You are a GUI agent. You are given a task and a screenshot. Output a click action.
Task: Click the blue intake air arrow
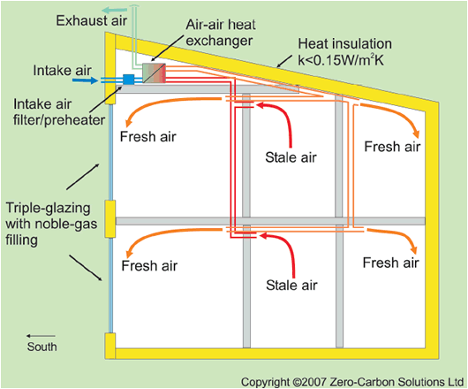85,80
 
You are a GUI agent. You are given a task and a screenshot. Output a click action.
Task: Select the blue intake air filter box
129,80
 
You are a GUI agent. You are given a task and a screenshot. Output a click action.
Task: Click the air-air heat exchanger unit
154,72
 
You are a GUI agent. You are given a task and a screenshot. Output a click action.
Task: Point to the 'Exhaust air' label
92,21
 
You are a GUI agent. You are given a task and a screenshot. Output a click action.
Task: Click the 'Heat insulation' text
344,44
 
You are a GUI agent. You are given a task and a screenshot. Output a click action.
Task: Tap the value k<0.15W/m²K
341,60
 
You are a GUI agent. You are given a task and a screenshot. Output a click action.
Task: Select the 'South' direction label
42,347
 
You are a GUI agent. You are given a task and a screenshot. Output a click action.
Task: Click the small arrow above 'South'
41,336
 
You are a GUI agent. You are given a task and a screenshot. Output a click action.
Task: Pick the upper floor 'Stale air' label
291,157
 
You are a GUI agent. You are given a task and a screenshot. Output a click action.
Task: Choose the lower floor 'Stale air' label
291,285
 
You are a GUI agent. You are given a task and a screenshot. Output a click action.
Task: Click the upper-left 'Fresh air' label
148,136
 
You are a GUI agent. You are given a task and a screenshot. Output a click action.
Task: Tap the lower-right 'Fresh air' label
390,263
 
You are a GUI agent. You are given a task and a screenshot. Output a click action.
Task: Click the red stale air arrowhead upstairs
260,105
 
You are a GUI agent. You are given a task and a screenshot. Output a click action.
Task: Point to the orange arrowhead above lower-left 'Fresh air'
129,253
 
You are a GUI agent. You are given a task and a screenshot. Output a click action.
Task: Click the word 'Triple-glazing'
48,209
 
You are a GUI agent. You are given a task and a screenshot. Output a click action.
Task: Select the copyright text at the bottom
352,382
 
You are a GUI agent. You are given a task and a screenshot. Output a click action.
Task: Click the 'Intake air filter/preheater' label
59,112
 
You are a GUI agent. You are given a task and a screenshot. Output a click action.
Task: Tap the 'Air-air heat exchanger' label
221,33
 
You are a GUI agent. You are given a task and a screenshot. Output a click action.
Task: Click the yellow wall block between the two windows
109,219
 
